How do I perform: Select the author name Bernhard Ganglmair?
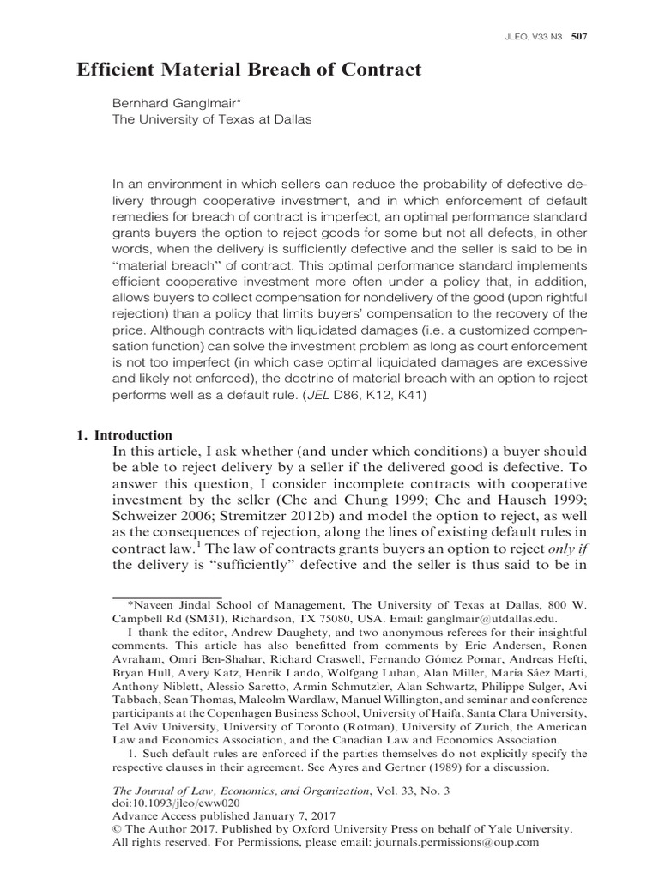click(x=172, y=103)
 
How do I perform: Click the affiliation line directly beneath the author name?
click(x=213, y=119)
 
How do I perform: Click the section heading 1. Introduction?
click(x=125, y=435)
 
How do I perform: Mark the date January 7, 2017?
click(x=289, y=816)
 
